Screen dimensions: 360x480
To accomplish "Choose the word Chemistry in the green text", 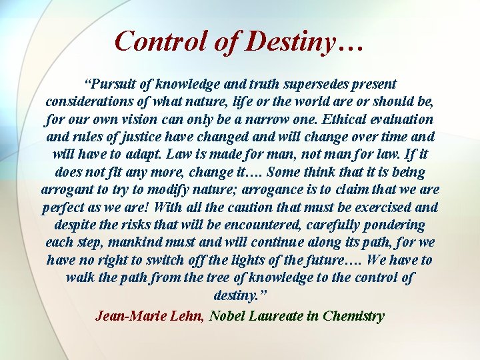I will click(353, 315).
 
